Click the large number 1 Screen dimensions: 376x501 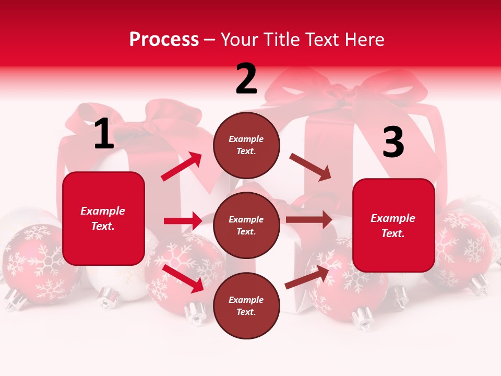[x=104, y=134]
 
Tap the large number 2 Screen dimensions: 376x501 [x=246, y=79]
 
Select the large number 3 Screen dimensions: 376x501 [x=393, y=143]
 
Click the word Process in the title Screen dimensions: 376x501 [x=164, y=39]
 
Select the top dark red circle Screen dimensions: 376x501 [x=246, y=145]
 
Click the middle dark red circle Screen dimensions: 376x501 [x=246, y=225]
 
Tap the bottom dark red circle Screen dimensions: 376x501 [x=246, y=305]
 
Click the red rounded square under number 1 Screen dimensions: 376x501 [x=103, y=218]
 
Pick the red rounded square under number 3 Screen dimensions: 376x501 [x=393, y=225]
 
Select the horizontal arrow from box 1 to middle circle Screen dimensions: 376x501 [x=183, y=221]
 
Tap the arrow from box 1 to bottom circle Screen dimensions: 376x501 [x=183, y=278]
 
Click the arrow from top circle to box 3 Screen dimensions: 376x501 [x=310, y=167]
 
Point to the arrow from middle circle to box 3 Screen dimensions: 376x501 [x=309, y=220]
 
